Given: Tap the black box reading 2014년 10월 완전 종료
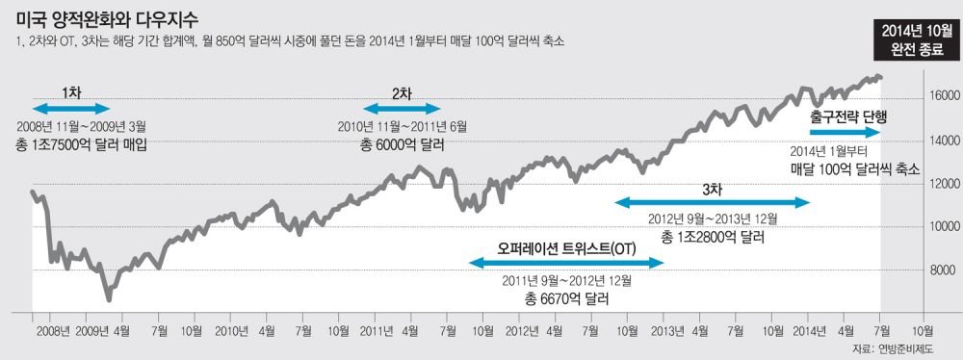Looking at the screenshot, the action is [911, 40].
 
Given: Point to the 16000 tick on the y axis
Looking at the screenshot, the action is [940, 97].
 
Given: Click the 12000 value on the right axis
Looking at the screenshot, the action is [940, 184].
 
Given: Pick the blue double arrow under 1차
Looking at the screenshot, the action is [70, 109].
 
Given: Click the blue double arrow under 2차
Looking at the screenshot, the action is [402, 109].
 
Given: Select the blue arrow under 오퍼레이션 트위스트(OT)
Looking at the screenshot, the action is [566, 263].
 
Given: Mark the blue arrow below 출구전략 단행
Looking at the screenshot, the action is [846, 132].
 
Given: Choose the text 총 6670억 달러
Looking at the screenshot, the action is [565, 299].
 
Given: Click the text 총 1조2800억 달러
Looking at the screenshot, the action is [713, 238].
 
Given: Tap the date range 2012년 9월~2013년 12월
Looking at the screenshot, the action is [713, 219].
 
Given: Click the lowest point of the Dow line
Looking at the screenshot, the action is [109, 299].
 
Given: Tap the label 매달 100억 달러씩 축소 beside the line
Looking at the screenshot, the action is [854, 169].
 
